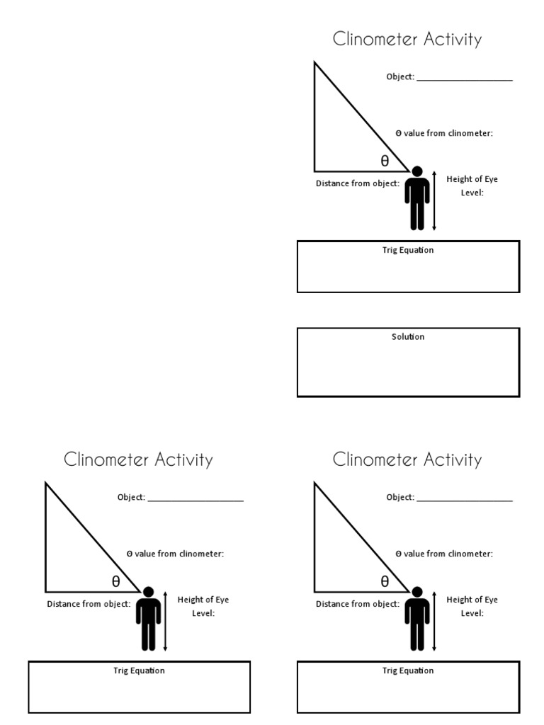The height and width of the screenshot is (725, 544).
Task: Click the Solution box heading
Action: tap(408, 337)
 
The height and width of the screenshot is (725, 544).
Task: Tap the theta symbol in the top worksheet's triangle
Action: tap(385, 161)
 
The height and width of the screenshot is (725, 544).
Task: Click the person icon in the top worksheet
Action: tap(417, 198)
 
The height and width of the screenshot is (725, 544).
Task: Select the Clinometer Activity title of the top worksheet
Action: tap(407, 40)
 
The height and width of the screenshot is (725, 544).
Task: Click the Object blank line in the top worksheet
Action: tap(465, 79)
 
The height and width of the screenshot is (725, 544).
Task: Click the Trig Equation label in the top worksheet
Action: tap(408, 251)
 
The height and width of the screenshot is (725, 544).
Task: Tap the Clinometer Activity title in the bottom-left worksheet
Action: tap(138, 459)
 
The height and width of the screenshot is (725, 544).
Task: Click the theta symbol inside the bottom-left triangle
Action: tap(115, 582)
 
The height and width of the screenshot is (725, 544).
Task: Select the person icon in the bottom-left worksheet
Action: tap(148, 619)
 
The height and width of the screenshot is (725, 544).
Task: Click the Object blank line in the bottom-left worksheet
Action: tap(195, 500)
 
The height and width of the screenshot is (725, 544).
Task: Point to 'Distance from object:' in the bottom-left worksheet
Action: tap(89, 604)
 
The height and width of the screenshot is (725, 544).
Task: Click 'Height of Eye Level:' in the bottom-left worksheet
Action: tap(203, 606)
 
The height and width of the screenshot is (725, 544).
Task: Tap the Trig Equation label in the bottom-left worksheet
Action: tap(139, 670)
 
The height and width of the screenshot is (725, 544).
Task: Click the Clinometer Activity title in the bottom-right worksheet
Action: tap(407, 459)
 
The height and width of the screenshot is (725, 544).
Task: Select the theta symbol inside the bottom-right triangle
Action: tap(385, 582)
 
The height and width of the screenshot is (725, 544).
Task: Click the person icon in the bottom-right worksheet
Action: tap(417, 619)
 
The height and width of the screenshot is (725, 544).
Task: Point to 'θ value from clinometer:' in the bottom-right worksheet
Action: tap(444, 554)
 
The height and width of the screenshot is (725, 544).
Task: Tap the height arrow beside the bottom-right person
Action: tap(434, 621)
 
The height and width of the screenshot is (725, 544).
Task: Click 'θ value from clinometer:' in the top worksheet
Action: tap(444, 133)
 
